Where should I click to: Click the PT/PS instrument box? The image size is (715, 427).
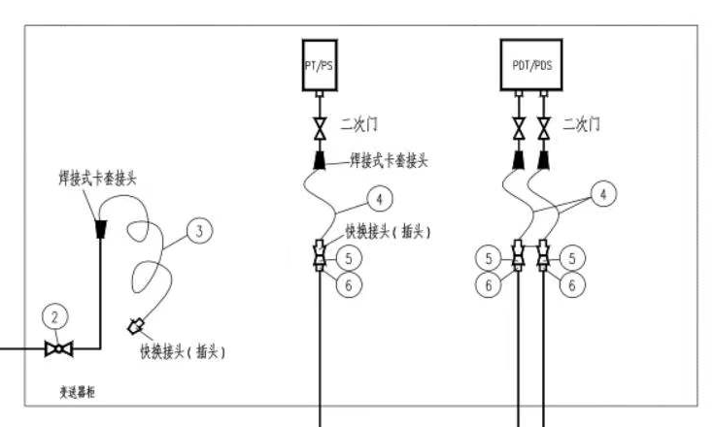click(319, 64)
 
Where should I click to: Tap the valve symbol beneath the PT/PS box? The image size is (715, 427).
click(319, 126)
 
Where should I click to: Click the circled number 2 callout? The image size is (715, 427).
click(56, 316)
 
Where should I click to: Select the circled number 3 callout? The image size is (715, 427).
click(198, 230)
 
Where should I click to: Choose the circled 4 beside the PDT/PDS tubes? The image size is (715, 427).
click(604, 195)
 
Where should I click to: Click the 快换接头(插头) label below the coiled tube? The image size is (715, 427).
click(187, 347)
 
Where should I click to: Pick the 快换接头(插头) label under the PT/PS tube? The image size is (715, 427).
click(388, 232)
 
